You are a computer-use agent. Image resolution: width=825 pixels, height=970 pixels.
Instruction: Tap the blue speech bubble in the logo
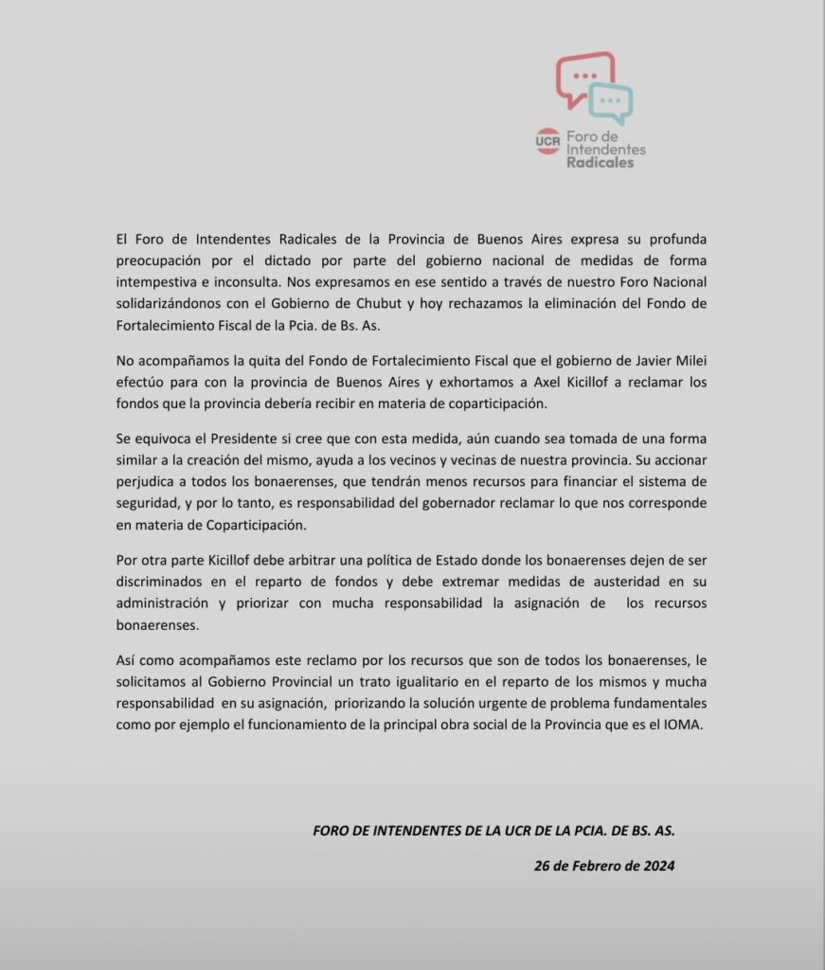(x=611, y=103)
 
